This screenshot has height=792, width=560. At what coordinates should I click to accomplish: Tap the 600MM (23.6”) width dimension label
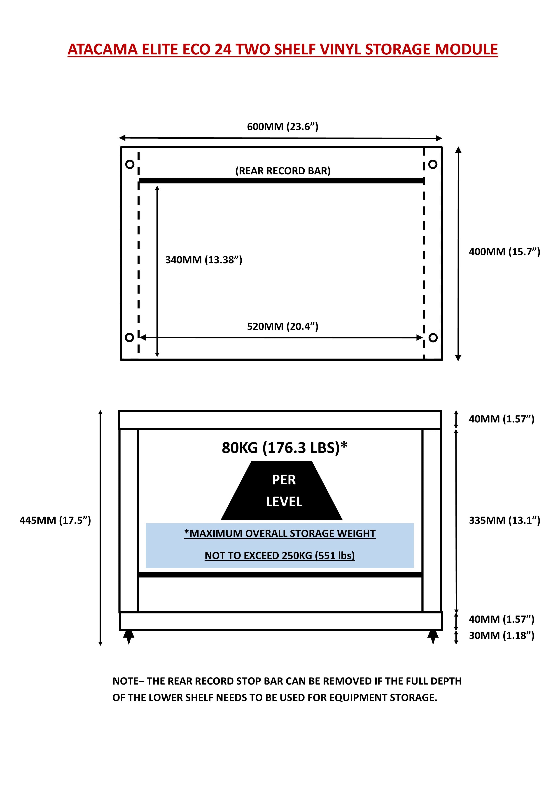(282, 127)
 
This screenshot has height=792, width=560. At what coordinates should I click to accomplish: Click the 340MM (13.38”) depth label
(204, 260)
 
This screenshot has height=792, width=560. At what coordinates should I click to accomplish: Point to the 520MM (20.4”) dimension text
(282, 326)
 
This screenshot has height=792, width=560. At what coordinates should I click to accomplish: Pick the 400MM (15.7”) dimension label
(504, 252)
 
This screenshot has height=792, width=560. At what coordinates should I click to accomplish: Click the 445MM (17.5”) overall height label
(55, 520)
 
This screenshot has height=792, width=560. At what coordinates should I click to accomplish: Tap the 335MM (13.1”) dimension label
(504, 520)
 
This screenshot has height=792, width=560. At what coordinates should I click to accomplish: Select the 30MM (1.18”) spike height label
(501, 635)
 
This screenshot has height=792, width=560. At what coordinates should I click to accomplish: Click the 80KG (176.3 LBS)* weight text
(284, 448)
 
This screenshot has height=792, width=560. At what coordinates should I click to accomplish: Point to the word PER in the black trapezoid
(284, 480)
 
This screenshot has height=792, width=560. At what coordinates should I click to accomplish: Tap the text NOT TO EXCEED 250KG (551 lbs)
(280, 555)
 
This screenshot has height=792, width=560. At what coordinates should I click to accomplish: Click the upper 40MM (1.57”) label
(501, 419)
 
